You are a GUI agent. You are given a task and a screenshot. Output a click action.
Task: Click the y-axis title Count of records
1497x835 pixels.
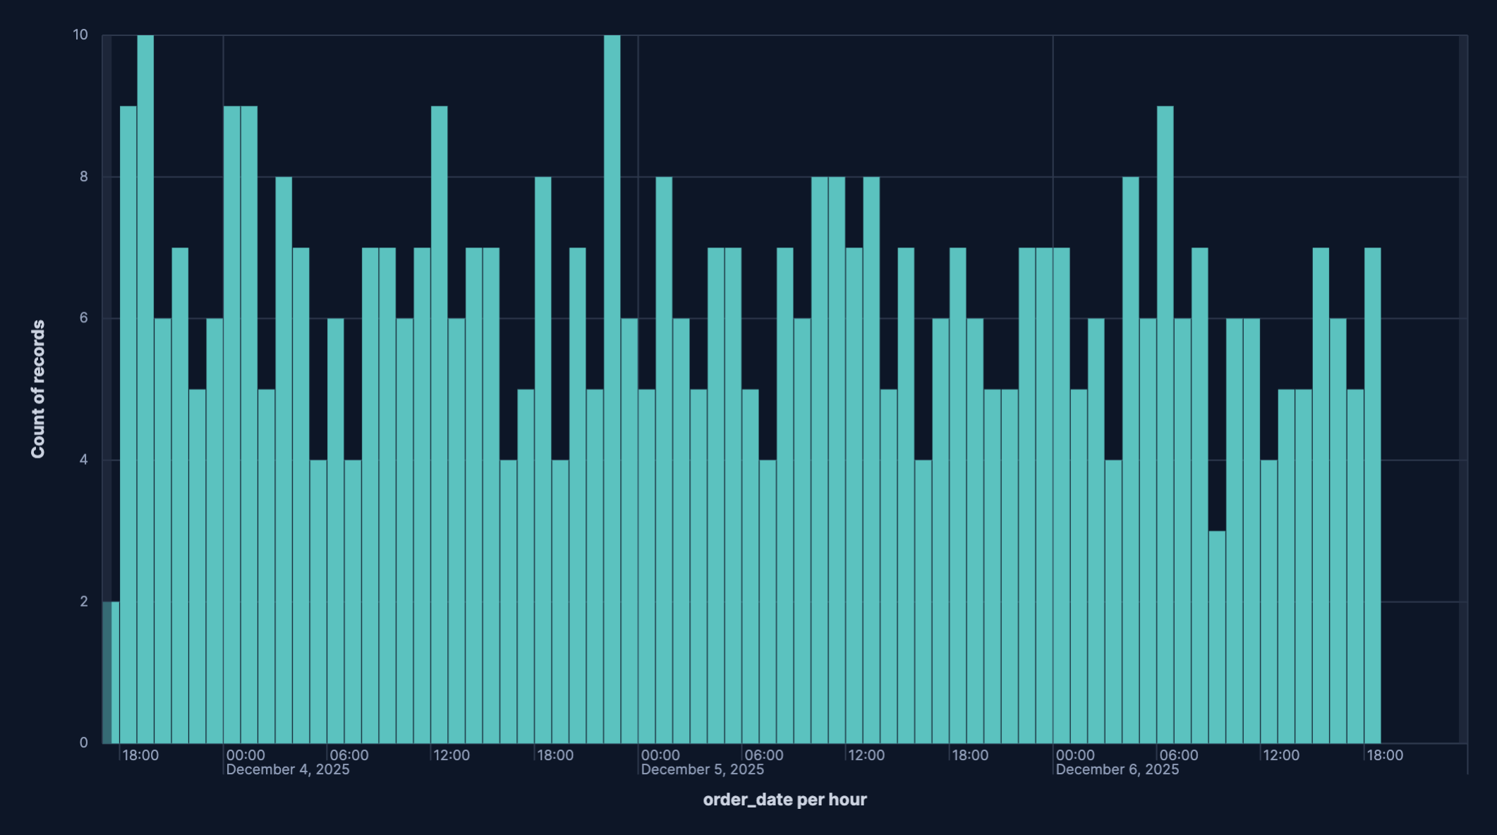click(38, 389)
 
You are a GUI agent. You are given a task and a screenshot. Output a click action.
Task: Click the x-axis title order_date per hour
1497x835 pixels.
click(784, 799)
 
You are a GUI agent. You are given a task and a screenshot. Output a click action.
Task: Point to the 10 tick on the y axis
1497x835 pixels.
click(80, 35)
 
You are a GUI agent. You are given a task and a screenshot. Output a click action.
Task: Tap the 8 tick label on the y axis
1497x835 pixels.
click(84, 176)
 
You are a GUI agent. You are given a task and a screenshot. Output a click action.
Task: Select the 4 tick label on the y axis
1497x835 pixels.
click(84, 460)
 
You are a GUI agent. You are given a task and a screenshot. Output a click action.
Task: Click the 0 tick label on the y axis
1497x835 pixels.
click(84, 743)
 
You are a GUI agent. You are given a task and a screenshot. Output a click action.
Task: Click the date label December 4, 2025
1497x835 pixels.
click(288, 769)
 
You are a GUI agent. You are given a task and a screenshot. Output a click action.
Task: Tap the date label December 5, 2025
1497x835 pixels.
click(703, 769)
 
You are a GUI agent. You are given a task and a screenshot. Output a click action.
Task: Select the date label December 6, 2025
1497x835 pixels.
click(1117, 769)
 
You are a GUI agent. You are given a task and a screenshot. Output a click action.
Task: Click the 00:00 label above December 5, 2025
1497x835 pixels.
click(660, 755)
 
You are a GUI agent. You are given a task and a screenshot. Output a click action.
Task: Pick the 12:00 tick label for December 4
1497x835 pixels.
click(451, 755)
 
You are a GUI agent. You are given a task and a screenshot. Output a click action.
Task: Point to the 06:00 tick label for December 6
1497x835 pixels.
click(1179, 755)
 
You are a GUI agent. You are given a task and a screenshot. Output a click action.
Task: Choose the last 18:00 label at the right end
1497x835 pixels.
click(1385, 755)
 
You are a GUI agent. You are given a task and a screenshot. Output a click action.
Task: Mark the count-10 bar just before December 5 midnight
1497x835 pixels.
click(612, 388)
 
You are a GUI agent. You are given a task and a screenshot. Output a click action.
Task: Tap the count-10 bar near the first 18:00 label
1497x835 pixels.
click(145, 388)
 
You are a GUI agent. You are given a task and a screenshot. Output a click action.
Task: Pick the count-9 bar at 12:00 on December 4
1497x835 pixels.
click(439, 423)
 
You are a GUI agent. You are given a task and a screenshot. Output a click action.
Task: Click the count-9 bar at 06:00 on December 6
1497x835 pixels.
click(1165, 423)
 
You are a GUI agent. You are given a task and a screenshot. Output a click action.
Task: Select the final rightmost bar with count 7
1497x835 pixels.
click(1372, 494)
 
